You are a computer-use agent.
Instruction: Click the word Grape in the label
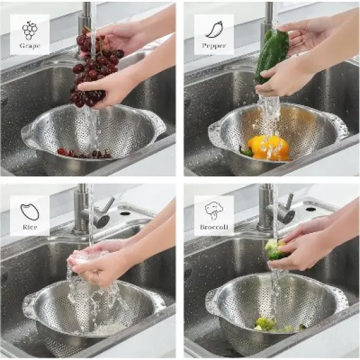pos(29,46)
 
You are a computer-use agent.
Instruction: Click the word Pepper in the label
pos(214,46)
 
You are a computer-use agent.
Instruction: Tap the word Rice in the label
pos(30,227)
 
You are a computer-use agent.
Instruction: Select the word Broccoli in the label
pos(214,227)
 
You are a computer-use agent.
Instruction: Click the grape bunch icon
pos(29,29)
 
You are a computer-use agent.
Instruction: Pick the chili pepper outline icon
pos(214,29)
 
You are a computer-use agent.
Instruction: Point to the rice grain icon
pos(30,211)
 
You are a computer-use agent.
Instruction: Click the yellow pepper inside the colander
pos(269,147)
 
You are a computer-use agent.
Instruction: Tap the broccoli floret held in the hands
pos(274,249)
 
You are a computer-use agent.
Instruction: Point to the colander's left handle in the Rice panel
pos(30,307)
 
